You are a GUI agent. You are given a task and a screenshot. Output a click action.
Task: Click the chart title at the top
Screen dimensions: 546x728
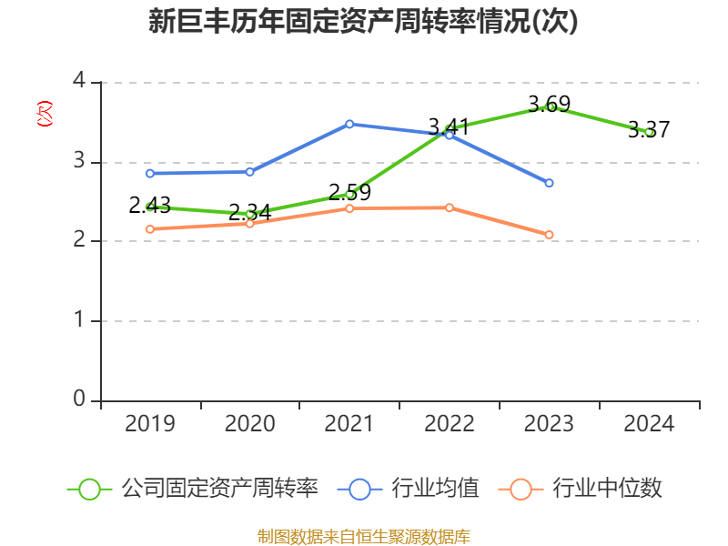[363, 22]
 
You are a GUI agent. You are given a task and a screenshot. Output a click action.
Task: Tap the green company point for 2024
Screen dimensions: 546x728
[649, 132]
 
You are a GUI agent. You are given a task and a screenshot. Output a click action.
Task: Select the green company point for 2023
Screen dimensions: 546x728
[549, 106]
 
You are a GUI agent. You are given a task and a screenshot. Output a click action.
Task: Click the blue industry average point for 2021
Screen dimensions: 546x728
[349, 124]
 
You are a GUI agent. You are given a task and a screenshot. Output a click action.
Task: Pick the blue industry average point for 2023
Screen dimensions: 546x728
[549, 183]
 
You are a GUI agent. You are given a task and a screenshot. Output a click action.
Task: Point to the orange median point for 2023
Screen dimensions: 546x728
[549, 235]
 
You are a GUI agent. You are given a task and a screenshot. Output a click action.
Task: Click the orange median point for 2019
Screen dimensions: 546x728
[150, 229]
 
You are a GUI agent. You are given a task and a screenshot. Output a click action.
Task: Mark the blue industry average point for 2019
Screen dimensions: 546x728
[150, 173]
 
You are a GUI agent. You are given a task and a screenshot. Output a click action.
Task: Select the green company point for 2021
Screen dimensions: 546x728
[349, 194]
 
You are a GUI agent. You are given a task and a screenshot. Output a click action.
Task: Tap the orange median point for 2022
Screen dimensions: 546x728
[449, 207]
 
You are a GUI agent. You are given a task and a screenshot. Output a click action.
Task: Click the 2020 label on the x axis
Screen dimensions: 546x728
[249, 424]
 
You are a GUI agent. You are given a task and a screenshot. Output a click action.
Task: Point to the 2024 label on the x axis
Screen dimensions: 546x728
[649, 424]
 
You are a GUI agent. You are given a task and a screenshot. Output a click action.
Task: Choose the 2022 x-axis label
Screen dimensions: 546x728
[449, 424]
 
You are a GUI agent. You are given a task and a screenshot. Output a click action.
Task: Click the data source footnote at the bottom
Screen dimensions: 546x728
[363, 536]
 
